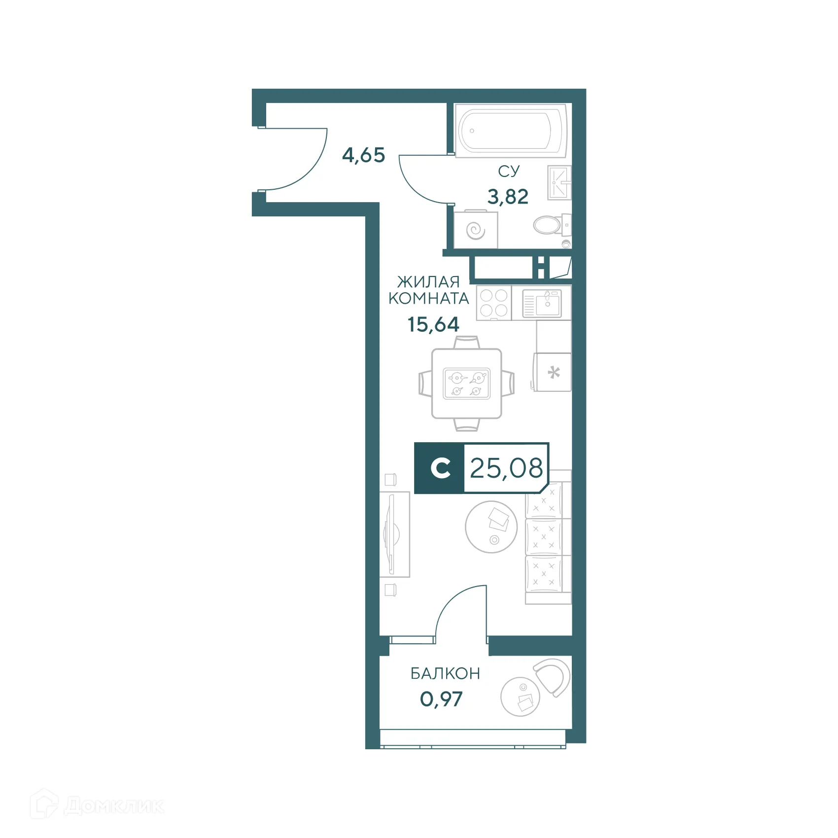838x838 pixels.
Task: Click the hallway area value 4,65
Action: [363, 155]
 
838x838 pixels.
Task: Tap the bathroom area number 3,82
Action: [508, 197]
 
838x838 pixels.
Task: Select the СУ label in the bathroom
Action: [509, 171]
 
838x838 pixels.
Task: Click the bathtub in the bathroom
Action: [510, 131]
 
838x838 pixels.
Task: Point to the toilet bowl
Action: [548, 226]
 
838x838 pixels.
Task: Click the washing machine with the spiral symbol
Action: [475, 230]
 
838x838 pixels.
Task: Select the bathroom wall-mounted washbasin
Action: [559, 183]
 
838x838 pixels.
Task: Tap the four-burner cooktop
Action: [493, 303]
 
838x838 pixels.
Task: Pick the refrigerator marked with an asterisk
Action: [553, 372]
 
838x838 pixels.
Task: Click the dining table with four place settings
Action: [466, 384]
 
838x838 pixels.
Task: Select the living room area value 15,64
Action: [433, 325]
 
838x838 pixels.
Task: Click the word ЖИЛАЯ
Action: [428, 282]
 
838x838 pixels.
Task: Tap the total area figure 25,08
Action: [506, 468]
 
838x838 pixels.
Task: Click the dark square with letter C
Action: [439, 468]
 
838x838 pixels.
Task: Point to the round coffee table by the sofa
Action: [491, 527]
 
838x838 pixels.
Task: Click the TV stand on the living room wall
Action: [395, 534]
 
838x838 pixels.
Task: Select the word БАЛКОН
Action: [445, 673]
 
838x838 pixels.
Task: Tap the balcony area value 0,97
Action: [441, 699]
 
